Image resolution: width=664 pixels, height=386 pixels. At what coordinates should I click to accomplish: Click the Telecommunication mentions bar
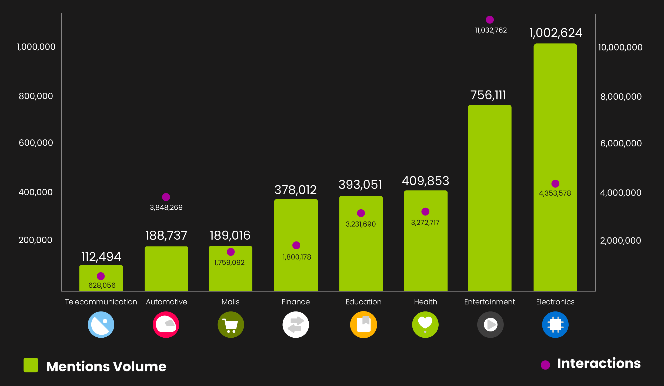click(x=101, y=278)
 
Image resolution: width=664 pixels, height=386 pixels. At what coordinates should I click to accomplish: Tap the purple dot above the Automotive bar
click(x=166, y=197)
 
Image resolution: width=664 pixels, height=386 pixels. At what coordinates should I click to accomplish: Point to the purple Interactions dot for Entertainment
click(x=490, y=20)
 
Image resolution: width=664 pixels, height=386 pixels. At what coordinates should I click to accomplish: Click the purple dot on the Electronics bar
click(x=555, y=184)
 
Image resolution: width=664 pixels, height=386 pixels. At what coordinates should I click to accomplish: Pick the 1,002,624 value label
click(x=556, y=33)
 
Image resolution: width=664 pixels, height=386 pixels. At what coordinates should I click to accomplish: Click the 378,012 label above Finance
click(x=295, y=190)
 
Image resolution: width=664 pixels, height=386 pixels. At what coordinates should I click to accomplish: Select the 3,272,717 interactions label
click(x=425, y=223)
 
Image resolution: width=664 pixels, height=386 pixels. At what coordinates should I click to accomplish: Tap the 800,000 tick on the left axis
click(x=36, y=96)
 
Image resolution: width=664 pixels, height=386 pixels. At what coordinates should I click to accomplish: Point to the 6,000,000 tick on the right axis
click(x=621, y=143)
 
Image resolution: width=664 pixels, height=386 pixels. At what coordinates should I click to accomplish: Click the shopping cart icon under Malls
click(x=231, y=325)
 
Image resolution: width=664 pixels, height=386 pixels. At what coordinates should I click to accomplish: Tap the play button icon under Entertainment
click(x=490, y=325)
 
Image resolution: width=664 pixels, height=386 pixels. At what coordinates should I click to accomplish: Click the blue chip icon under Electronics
click(x=555, y=325)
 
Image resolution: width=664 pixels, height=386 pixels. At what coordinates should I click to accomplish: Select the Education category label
click(x=363, y=302)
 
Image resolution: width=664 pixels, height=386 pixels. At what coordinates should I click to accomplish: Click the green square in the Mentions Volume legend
click(x=31, y=365)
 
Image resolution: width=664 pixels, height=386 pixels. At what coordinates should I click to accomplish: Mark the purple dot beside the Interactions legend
click(x=545, y=365)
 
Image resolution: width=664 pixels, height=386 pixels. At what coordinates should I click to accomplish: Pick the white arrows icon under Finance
click(x=296, y=325)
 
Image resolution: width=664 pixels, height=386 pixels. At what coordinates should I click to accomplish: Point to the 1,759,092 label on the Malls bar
click(x=229, y=263)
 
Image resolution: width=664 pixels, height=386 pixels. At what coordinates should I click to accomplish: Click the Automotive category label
click(x=166, y=302)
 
